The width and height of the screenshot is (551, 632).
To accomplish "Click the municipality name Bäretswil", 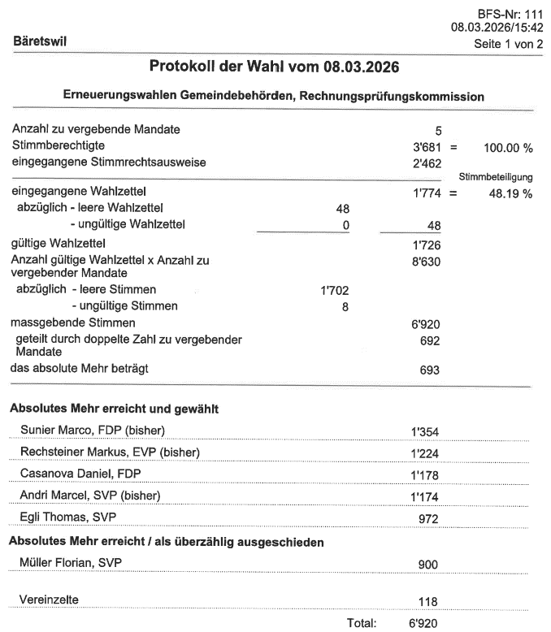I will pos(40,39).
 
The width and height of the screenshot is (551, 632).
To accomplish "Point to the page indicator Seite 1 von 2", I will pos(508,43).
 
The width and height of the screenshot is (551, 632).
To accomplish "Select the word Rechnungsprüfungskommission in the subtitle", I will pos(392,96).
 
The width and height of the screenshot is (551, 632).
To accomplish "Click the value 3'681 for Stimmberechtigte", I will pos(427,147).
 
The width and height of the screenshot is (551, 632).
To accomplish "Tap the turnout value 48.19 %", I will pos(510,193).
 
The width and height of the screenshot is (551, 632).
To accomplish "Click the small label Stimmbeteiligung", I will pos(496,176).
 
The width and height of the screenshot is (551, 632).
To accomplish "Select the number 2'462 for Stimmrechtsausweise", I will pos(427,163).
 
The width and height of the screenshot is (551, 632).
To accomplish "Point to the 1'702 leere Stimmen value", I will pos(336,290).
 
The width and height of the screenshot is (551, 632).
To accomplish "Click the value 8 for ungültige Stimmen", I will pos(345,306).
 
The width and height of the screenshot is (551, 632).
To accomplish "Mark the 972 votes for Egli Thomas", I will pos(427,518).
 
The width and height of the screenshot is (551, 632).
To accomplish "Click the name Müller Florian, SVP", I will pos(74,562).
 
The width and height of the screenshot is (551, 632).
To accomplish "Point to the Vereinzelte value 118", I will pos(427,602).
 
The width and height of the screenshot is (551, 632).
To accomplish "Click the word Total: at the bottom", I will pos(362,623).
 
